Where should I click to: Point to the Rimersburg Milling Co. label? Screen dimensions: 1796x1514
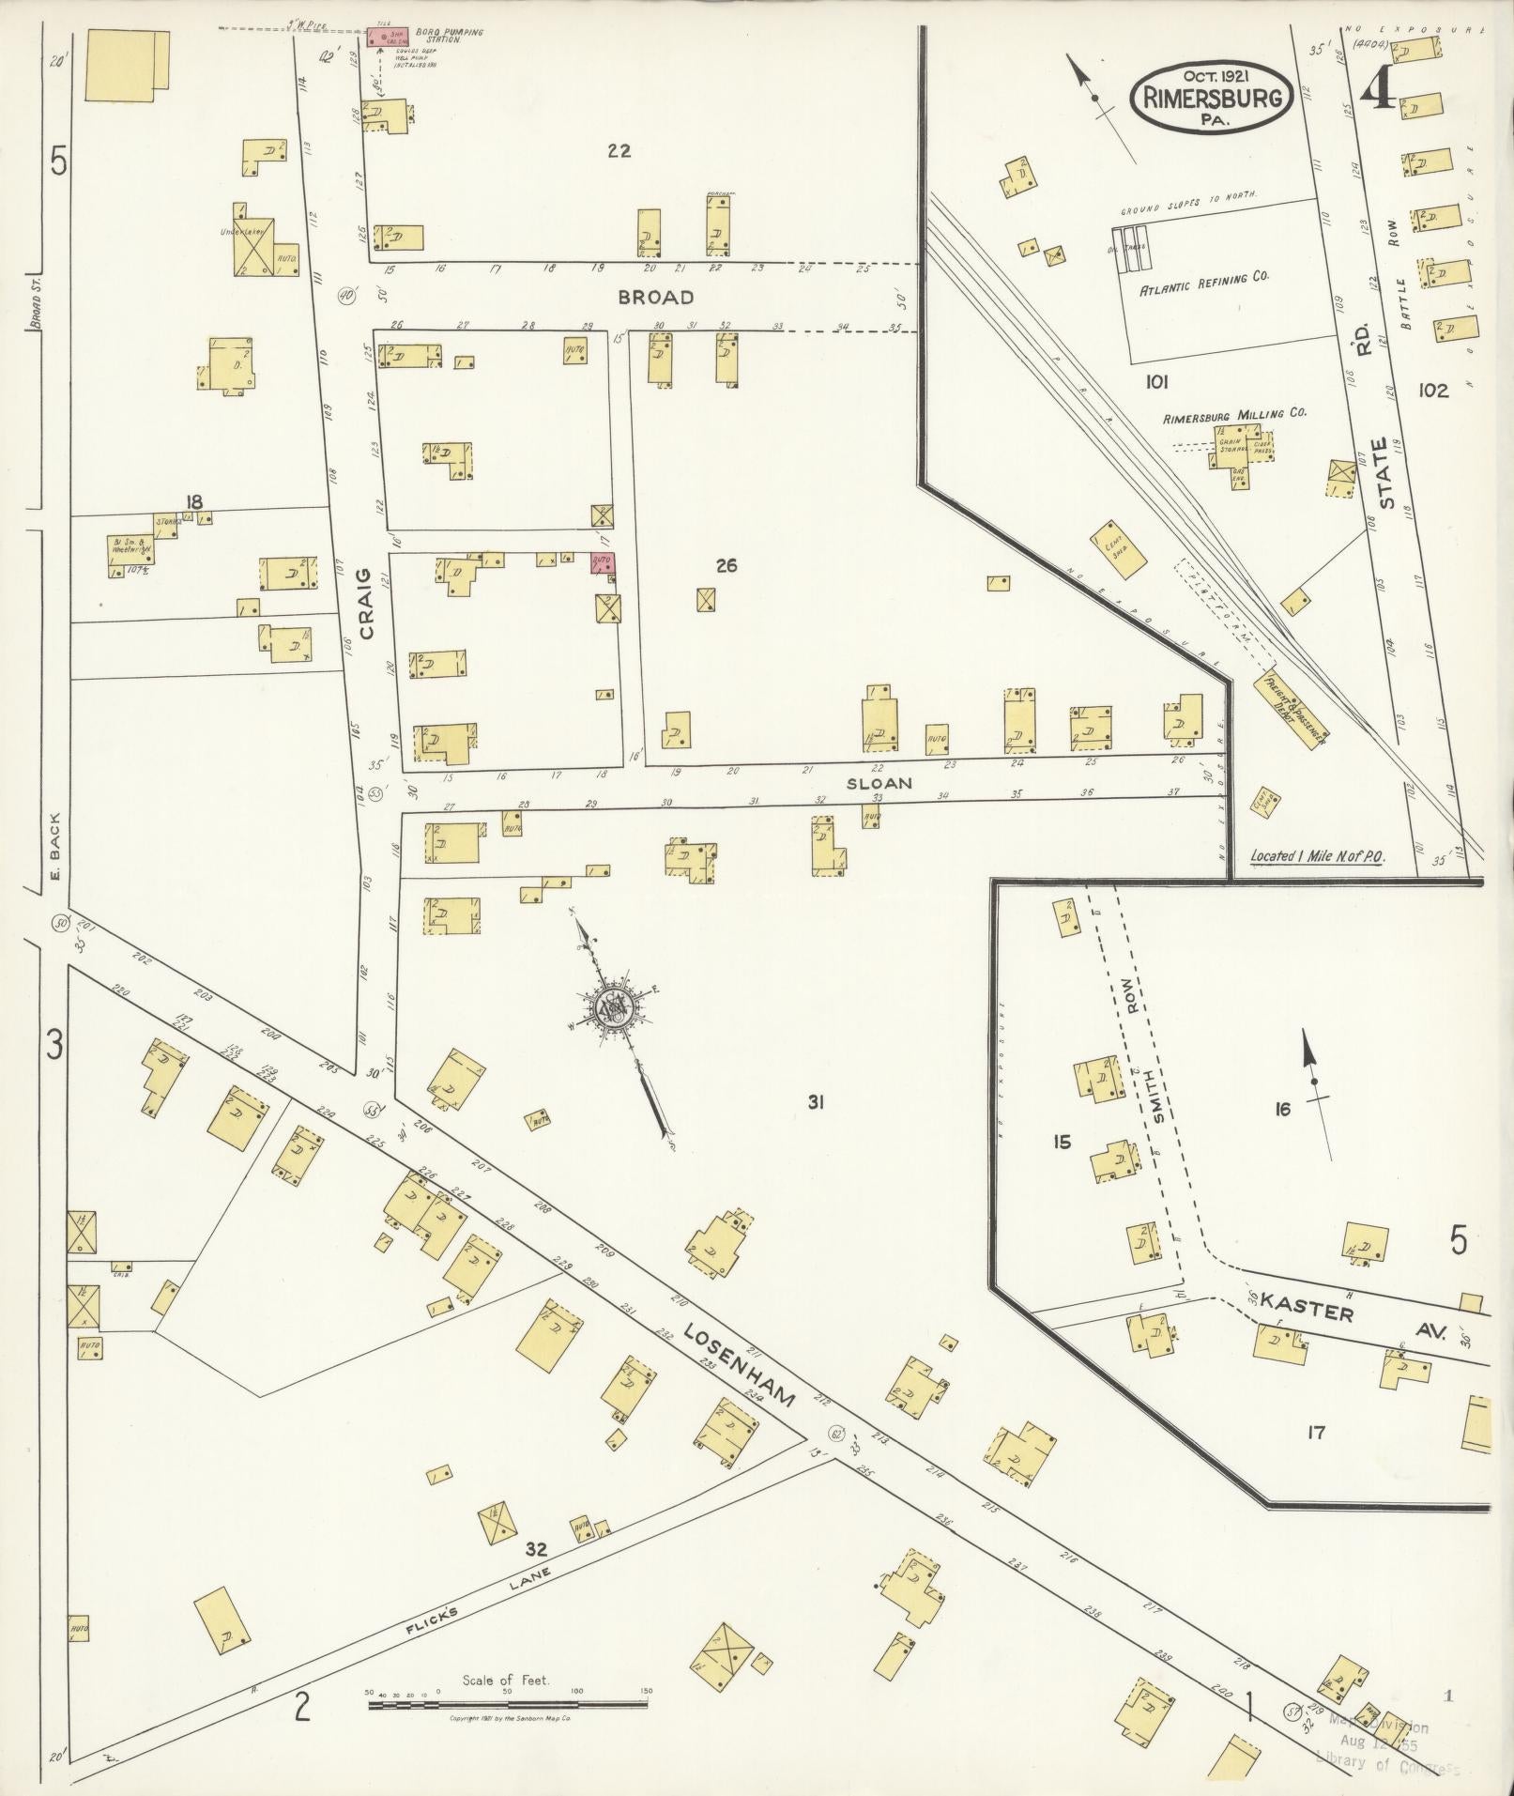(1234, 413)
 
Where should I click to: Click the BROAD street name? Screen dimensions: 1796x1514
(656, 298)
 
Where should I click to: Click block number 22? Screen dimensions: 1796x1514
(618, 150)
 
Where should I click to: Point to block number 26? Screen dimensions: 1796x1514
(726, 565)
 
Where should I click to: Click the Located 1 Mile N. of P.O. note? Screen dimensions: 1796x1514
(1317, 856)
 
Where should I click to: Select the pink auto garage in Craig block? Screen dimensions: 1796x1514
(602, 562)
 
